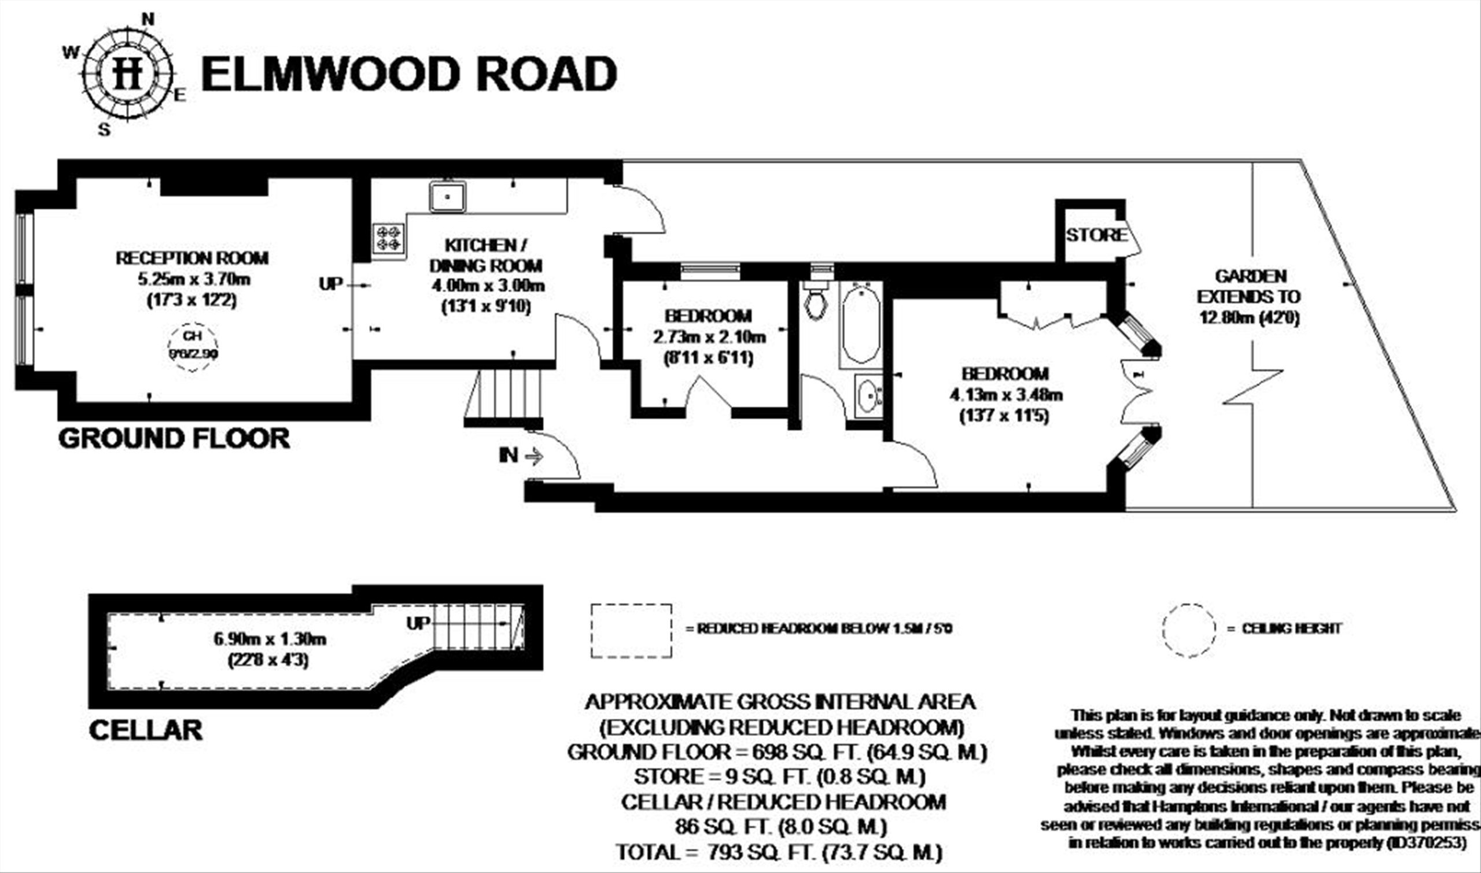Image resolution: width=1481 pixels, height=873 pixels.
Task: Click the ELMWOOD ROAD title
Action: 408,74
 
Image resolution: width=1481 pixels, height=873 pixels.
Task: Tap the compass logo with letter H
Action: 128,74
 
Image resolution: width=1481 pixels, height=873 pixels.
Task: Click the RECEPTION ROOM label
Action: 192,258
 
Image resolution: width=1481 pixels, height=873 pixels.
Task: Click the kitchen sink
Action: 447,197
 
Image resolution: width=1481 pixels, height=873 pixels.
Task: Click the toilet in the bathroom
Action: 815,301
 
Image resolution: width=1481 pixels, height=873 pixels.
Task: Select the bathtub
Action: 861,325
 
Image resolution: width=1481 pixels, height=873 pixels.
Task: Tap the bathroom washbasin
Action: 867,396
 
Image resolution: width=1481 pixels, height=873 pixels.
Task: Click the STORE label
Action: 1096,235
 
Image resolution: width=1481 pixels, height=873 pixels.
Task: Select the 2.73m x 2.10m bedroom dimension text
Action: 709,337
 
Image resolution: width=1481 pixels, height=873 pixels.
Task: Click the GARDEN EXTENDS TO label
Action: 1249,286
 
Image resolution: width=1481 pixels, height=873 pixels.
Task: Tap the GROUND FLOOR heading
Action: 174,439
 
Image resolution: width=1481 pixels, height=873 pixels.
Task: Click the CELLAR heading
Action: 145,730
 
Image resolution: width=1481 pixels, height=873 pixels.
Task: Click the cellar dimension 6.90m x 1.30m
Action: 270,639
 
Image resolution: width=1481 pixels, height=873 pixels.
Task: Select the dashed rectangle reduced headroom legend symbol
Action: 631,630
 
